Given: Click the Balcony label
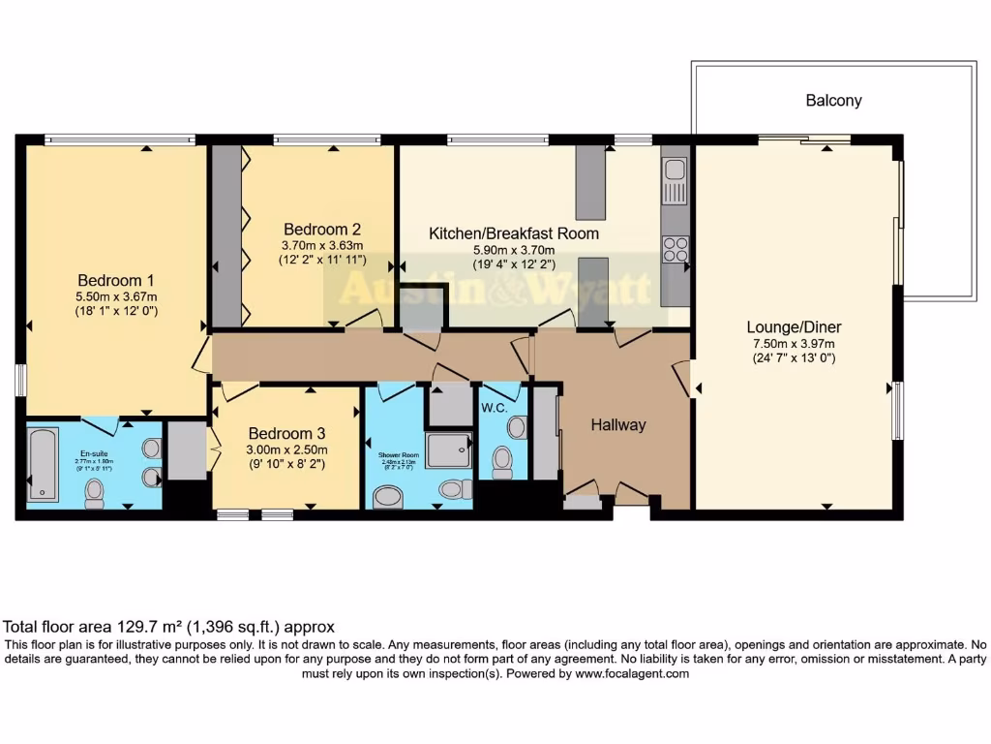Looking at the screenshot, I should [x=833, y=101].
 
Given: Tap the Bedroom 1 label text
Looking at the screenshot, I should [x=116, y=274].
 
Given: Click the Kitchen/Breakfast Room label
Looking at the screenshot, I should [x=514, y=233].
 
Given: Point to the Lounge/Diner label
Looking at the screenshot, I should [x=793, y=326].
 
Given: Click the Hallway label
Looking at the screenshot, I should [x=617, y=424].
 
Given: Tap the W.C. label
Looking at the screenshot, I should [x=495, y=408].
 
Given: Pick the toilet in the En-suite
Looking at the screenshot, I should [x=95, y=492].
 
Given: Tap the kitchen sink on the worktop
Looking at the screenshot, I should [x=675, y=172].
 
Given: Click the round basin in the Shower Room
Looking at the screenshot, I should [x=389, y=498].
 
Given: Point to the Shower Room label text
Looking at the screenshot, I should [x=396, y=452].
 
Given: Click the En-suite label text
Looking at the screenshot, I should [x=95, y=452].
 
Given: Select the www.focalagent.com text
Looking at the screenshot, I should [x=631, y=673].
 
